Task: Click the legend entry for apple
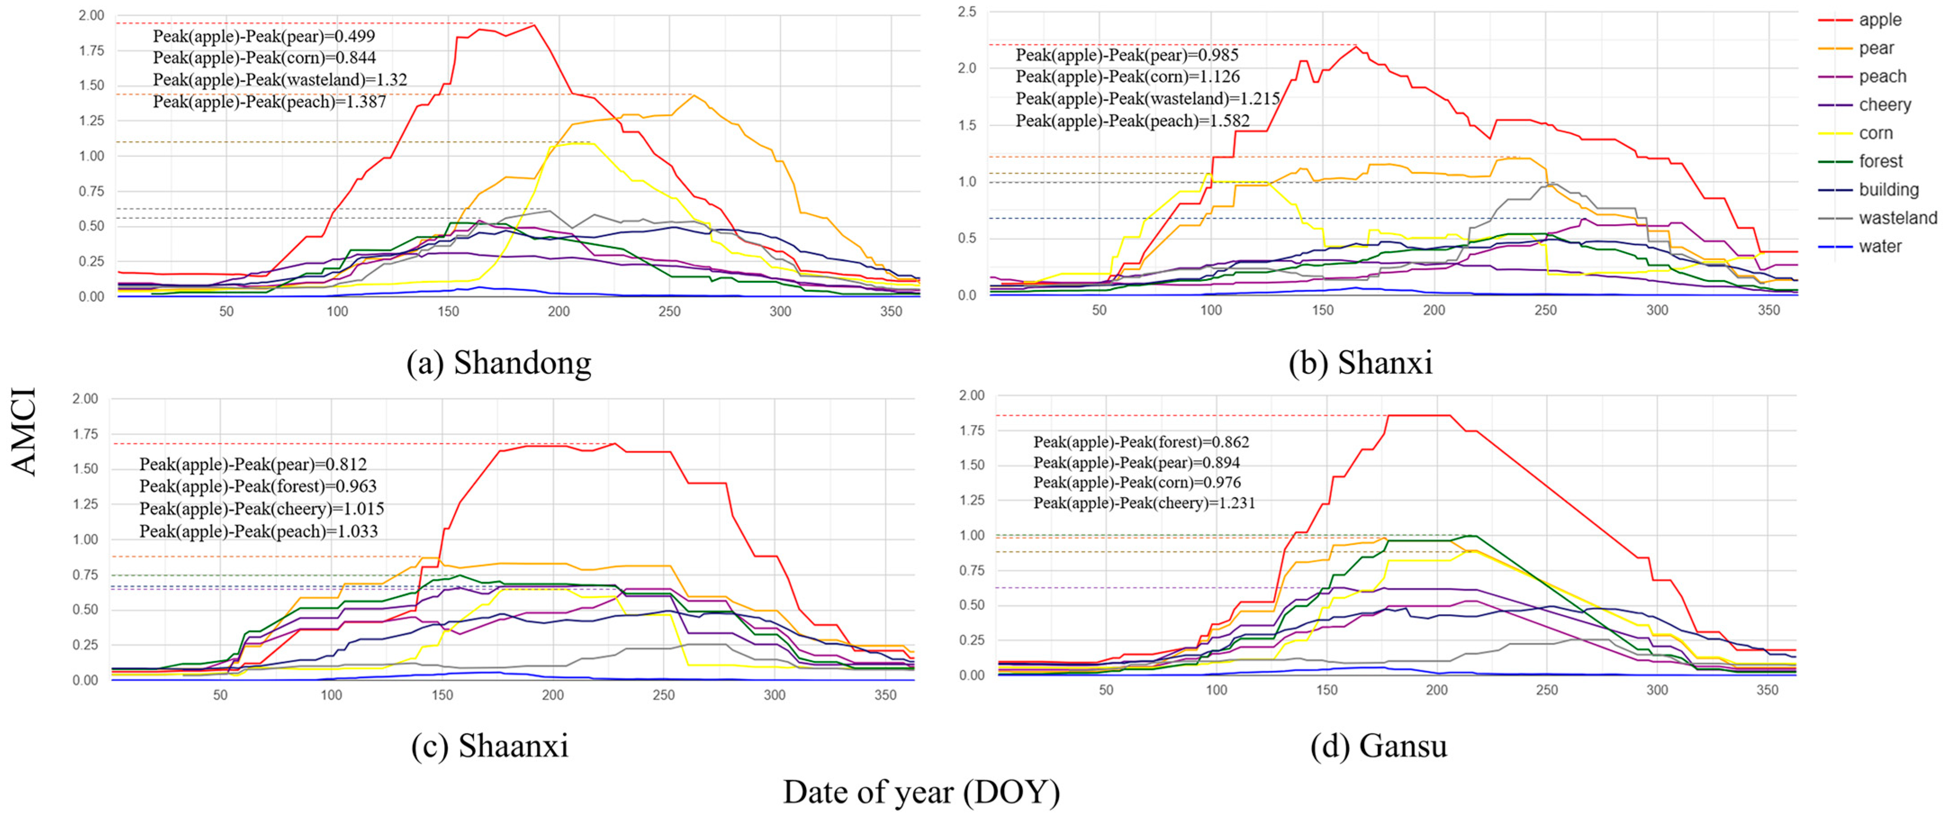1879,20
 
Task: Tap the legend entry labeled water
1880,246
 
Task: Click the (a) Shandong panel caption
499,363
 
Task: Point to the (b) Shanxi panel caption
1360,363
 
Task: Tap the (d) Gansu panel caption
1378,746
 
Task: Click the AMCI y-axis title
24,432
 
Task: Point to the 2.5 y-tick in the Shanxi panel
967,12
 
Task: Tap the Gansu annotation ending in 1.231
1144,503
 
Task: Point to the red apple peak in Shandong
534,25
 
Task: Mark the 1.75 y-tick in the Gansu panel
971,430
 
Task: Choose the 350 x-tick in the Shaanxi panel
885,695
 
